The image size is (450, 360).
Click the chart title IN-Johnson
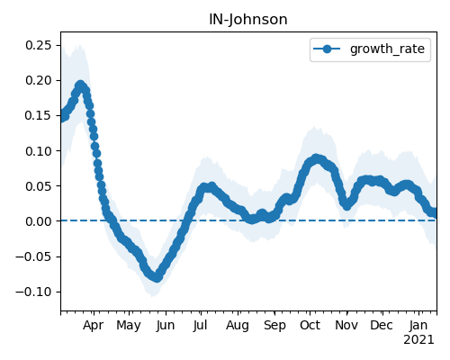pyautogui.click(x=248, y=20)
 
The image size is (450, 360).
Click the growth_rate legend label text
pyautogui.click(x=387, y=49)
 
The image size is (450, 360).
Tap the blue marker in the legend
pyautogui.click(x=327, y=49)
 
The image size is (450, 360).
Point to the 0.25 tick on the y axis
pyautogui.click(x=39, y=46)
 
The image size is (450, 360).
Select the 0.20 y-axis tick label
pyautogui.click(x=39, y=81)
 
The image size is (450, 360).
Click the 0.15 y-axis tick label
pyautogui.click(x=39, y=116)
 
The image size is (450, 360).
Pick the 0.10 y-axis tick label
pyautogui.click(x=39, y=151)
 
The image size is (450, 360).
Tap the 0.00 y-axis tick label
pyautogui.click(x=39, y=221)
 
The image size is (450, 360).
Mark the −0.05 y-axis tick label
pyautogui.click(x=34, y=256)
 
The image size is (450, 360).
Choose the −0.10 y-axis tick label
pyautogui.click(x=34, y=292)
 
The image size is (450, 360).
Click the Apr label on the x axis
pyautogui.click(x=94, y=326)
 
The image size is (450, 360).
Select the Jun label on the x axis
pyautogui.click(x=166, y=326)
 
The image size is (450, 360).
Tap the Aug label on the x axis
pyautogui.click(x=238, y=326)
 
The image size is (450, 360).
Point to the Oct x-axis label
pyautogui.click(x=310, y=326)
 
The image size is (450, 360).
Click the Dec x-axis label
pyautogui.click(x=382, y=326)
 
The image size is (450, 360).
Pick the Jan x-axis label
pyautogui.click(x=418, y=326)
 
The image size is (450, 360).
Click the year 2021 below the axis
pyautogui.click(x=418, y=340)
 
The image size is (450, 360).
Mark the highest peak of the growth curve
pyautogui.click(x=80, y=85)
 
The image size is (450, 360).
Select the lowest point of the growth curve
pyautogui.click(x=157, y=278)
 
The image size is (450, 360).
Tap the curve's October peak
pyautogui.click(x=316, y=158)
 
